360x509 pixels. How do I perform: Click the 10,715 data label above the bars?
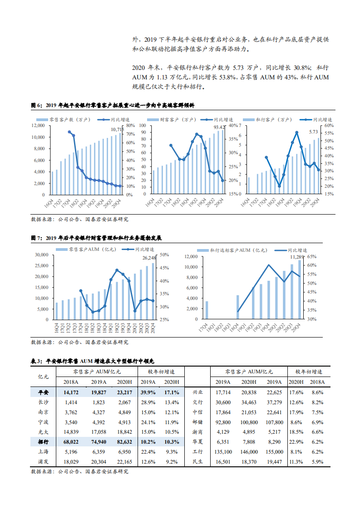[x=117, y=130]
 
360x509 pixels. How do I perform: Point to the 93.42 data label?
[x=220, y=127]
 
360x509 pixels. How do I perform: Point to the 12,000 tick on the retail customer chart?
[x=38, y=125]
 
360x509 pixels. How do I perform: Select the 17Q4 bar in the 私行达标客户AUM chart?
[x=207, y=310]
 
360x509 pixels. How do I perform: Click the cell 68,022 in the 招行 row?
[x=71, y=441]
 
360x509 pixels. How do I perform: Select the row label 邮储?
[x=197, y=422]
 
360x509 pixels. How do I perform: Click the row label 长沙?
[x=44, y=402]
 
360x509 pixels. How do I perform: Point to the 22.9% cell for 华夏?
[x=296, y=442]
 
